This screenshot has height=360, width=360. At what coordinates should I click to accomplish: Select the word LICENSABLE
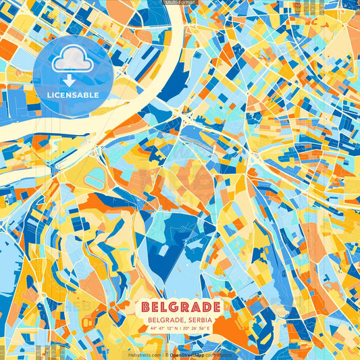[72, 95]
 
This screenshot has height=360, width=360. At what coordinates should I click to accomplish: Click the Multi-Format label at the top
[180, 3]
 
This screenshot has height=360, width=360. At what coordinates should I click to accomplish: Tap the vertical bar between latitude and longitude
[180, 329]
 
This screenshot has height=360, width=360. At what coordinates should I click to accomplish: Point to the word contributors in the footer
[220, 355]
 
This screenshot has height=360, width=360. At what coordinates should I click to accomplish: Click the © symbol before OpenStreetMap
[166, 355]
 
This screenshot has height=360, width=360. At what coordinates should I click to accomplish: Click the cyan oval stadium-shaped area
[95, 178]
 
